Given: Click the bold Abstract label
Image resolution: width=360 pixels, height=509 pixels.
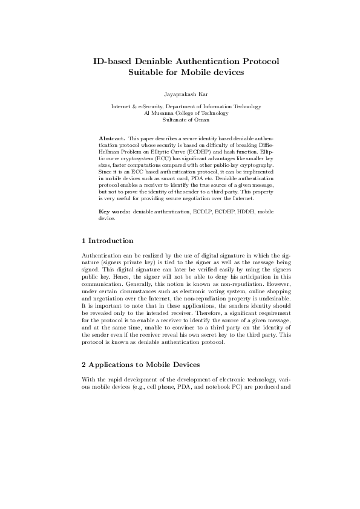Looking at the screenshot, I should pyautogui.click(x=111, y=138).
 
